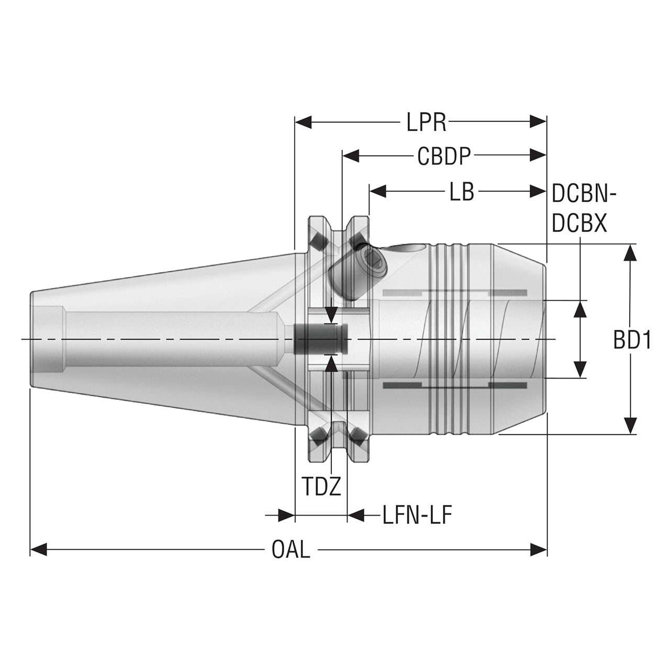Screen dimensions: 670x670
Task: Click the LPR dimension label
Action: (426, 122)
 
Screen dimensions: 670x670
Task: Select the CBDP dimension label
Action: (444, 156)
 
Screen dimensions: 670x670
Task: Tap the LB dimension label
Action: (462, 192)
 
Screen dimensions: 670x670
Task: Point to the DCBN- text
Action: (584, 194)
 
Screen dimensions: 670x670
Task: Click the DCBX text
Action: (579, 224)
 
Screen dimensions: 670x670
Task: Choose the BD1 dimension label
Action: (632, 341)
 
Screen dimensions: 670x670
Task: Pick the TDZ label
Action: (321, 487)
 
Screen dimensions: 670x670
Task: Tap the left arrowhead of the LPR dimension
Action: (303, 122)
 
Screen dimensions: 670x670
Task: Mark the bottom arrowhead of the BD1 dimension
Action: (630, 426)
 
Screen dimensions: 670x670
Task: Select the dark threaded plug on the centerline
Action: (320, 340)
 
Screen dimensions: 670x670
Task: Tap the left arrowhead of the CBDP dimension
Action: (351, 156)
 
